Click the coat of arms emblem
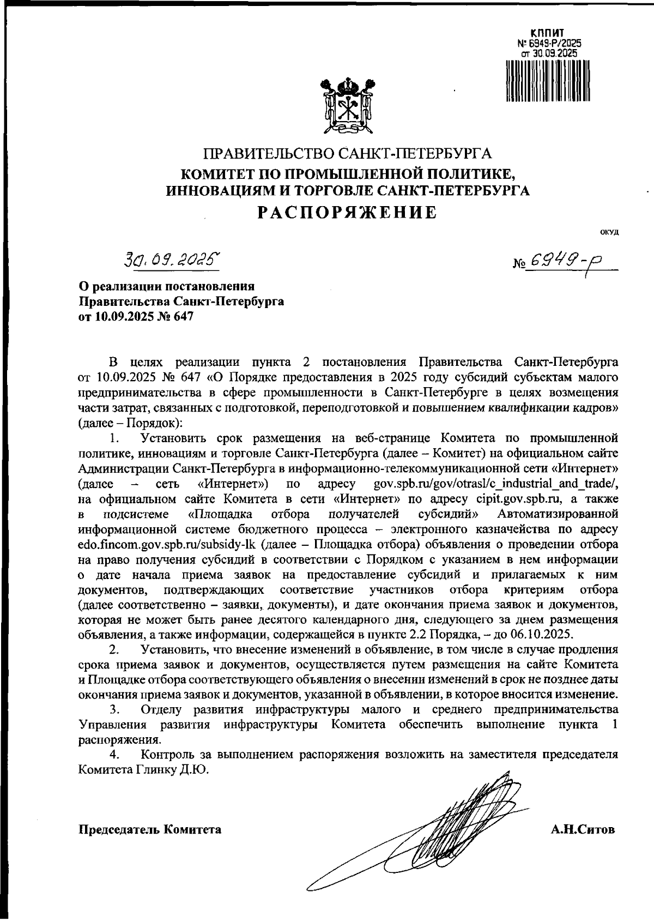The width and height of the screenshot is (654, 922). point(347,105)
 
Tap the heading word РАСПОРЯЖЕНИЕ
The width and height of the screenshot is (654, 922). point(347,212)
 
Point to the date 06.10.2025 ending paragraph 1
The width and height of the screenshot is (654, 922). point(542,634)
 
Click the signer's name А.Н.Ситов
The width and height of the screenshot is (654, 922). point(583,830)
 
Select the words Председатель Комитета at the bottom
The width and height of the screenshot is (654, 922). point(150,830)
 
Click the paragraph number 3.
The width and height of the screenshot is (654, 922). point(114,709)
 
